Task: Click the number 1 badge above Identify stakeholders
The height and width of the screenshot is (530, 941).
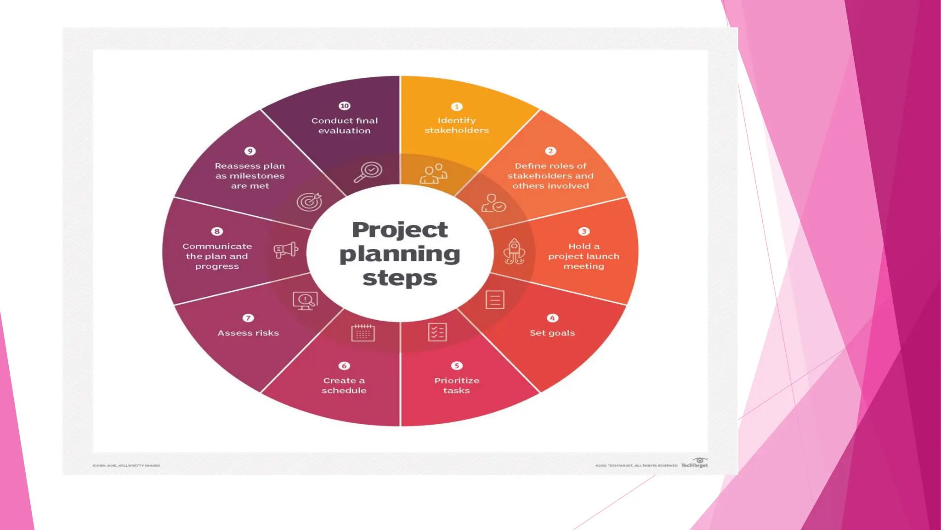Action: [456, 107]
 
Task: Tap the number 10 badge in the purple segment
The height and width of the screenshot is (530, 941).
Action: [344, 106]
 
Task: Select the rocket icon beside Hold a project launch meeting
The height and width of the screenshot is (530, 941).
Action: [514, 251]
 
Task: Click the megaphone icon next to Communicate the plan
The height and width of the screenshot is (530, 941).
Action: [286, 250]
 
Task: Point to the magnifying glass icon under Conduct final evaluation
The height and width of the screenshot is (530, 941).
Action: [368, 172]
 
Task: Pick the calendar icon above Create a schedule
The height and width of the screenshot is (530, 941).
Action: [363, 333]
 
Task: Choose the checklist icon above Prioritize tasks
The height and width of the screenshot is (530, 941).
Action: [437, 332]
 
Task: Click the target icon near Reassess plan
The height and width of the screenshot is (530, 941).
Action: [309, 201]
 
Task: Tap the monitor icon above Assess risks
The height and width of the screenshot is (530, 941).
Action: [305, 301]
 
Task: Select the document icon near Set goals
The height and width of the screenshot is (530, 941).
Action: [495, 300]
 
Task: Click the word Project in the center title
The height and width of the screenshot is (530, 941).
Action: [400, 230]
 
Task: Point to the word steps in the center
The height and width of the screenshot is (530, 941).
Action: [400, 278]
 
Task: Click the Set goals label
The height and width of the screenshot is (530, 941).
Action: [552, 333]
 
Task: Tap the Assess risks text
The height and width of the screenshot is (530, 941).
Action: [248, 333]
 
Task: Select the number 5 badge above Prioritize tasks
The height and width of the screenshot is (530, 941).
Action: [456, 366]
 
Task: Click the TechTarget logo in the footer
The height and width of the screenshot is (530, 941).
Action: [695, 463]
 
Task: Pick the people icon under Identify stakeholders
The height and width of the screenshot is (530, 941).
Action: [433, 174]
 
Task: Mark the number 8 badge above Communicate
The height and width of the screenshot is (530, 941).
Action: [217, 231]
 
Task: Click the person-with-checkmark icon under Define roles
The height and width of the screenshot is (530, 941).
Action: [493, 203]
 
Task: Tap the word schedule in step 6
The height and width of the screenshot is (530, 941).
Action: [344, 391]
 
